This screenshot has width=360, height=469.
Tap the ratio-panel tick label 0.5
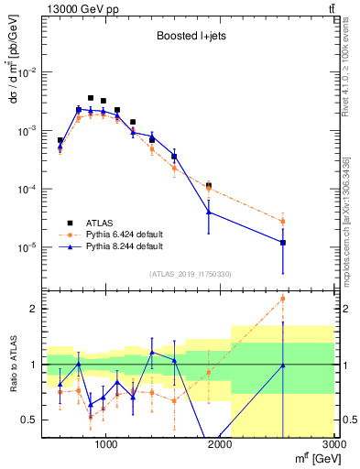pos(30,420)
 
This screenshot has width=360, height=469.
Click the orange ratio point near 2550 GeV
pos(282,299)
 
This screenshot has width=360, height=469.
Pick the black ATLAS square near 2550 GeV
pos(283,243)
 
